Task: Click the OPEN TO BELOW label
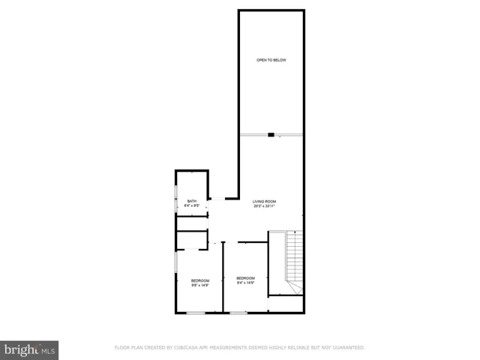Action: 271,60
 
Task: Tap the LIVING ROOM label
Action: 264,201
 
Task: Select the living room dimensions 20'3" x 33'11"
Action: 264,206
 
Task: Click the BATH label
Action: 192,201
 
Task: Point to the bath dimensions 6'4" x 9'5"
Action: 192,206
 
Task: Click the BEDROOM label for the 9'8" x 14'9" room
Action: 199,280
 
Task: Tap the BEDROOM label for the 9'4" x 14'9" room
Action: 246,278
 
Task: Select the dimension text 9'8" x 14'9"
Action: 199,286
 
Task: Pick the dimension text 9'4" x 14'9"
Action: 246,283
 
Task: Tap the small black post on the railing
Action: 271,135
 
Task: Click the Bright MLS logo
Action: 29,349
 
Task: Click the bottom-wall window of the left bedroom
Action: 196,312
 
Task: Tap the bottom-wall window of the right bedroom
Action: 238,312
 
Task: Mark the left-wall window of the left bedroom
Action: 176,270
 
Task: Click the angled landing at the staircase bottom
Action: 292,288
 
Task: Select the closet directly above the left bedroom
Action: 193,240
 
